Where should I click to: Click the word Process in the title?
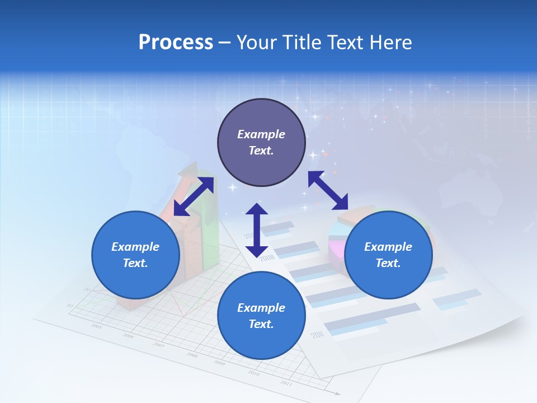tap(176, 43)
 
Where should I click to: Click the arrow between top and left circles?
tap(194, 196)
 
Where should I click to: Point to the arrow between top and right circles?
tap(328, 190)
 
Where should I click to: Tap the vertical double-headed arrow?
tap(257, 230)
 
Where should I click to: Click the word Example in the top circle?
tap(261, 134)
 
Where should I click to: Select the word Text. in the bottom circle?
tap(261, 324)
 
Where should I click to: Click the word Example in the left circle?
tap(135, 247)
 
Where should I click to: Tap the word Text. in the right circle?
tap(388, 263)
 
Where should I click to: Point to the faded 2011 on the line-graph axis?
tap(286, 383)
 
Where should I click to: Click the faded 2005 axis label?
tap(96, 326)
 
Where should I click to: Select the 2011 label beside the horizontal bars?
tap(318, 335)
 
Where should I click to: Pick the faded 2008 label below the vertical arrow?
tap(267, 257)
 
